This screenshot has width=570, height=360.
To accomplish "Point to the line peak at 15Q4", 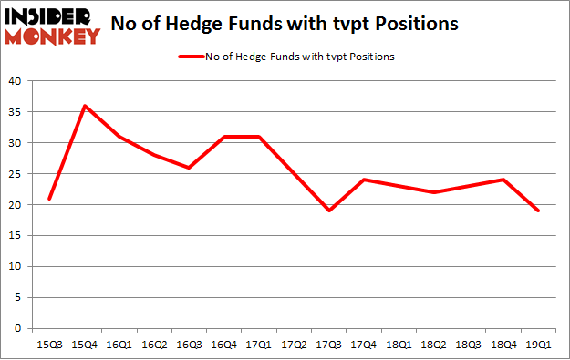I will pyautogui.click(x=85, y=106).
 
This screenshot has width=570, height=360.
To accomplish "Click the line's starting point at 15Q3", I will pyautogui.click(x=49, y=199).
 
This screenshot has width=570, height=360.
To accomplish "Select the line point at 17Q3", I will pyautogui.click(x=329, y=211).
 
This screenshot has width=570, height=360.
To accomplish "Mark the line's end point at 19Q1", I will pyautogui.click(x=539, y=211).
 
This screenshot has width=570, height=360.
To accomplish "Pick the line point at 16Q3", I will pyautogui.click(x=189, y=168).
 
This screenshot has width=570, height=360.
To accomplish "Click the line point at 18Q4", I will pyautogui.click(x=504, y=180).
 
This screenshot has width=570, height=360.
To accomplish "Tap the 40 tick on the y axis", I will pyautogui.click(x=15, y=81).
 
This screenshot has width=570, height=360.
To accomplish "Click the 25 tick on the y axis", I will pyautogui.click(x=15, y=174).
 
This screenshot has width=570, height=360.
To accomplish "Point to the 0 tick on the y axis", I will pyautogui.click(x=18, y=328).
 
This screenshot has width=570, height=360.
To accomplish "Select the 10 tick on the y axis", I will pyautogui.click(x=15, y=267).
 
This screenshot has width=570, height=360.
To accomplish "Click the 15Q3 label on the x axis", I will pyautogui.click(x=49, y=345).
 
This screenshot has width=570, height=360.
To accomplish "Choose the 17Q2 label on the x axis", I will pyautogui.click(x=294, y=345).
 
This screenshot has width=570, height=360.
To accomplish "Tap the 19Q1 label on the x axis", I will pyautogui.click(x=539, y=345).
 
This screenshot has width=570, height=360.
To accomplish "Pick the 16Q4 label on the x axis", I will pyautogui.click(x=224, y=345).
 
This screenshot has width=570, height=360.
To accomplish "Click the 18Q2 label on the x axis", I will pyautogui.click(x=434, y=345).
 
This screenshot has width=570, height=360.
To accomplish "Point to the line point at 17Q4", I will pyautogui.click(x=364, y=180).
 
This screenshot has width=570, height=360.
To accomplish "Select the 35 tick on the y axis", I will pyautogui.click(x=15, y=112).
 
